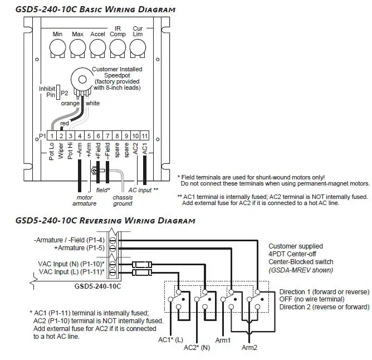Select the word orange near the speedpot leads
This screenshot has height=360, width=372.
click(x=70, y=104)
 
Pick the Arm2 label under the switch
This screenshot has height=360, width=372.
click(x=250, y=348)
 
